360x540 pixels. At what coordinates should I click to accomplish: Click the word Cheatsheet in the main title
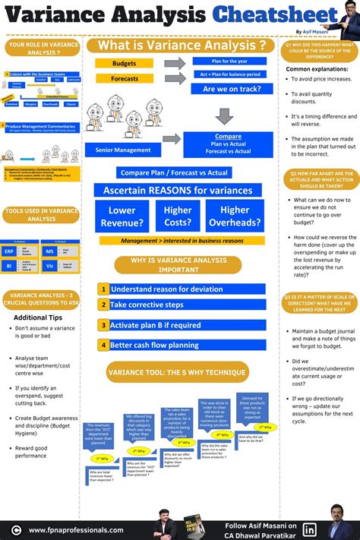(x=274, y=15)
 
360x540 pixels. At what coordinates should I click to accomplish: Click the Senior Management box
(x=122, y=150)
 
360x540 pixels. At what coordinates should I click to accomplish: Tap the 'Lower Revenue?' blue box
(x=122, y=216)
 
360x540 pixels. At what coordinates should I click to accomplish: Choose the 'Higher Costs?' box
(x=178, y=216)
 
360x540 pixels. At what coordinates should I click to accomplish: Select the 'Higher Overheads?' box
(x=235, y=216)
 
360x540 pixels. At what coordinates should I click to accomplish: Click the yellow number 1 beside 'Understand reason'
(x=103, y=289)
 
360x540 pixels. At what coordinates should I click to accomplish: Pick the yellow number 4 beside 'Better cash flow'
(x=103, y=345)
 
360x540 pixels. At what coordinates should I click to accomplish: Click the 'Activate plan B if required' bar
(x=187, y=325)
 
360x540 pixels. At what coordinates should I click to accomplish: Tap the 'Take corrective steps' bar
(x=187, y=305)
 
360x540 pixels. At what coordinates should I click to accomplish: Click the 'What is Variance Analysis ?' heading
(x=181, y=46)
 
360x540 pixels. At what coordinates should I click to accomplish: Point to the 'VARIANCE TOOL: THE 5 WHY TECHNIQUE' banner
(x=178, y=373)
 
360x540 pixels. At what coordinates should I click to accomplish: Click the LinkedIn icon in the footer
(x=310, y=529)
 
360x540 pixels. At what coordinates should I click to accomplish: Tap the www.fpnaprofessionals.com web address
(x=76, y=530)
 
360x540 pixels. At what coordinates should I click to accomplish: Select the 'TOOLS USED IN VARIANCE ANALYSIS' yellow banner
(x=41, y=215)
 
